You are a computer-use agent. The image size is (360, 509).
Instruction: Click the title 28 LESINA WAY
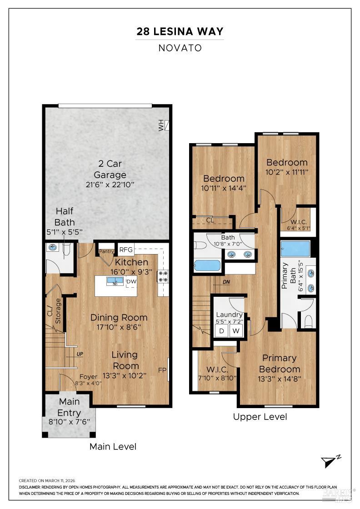coord(180,31)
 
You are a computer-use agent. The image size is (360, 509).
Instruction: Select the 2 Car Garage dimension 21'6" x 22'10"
coord(110,185)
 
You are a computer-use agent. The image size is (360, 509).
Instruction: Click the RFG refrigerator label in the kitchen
coord(126,250)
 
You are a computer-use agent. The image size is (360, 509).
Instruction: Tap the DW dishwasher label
coord(131,281)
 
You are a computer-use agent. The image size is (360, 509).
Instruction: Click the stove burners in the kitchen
coord(163,276)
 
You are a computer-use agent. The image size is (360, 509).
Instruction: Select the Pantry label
coord(106,251)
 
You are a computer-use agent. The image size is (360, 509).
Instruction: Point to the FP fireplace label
coord(162,370)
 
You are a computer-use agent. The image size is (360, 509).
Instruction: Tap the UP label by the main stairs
coord(80,354)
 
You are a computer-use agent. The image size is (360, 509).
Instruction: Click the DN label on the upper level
coord(226,282)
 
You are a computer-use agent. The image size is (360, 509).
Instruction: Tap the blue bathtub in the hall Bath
coord(207,266)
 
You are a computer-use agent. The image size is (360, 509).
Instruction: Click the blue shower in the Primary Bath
coord(295,249)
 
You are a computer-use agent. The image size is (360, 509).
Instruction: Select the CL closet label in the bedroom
coord(210,220)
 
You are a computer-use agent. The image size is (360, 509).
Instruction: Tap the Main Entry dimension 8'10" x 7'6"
coord(69,422)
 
